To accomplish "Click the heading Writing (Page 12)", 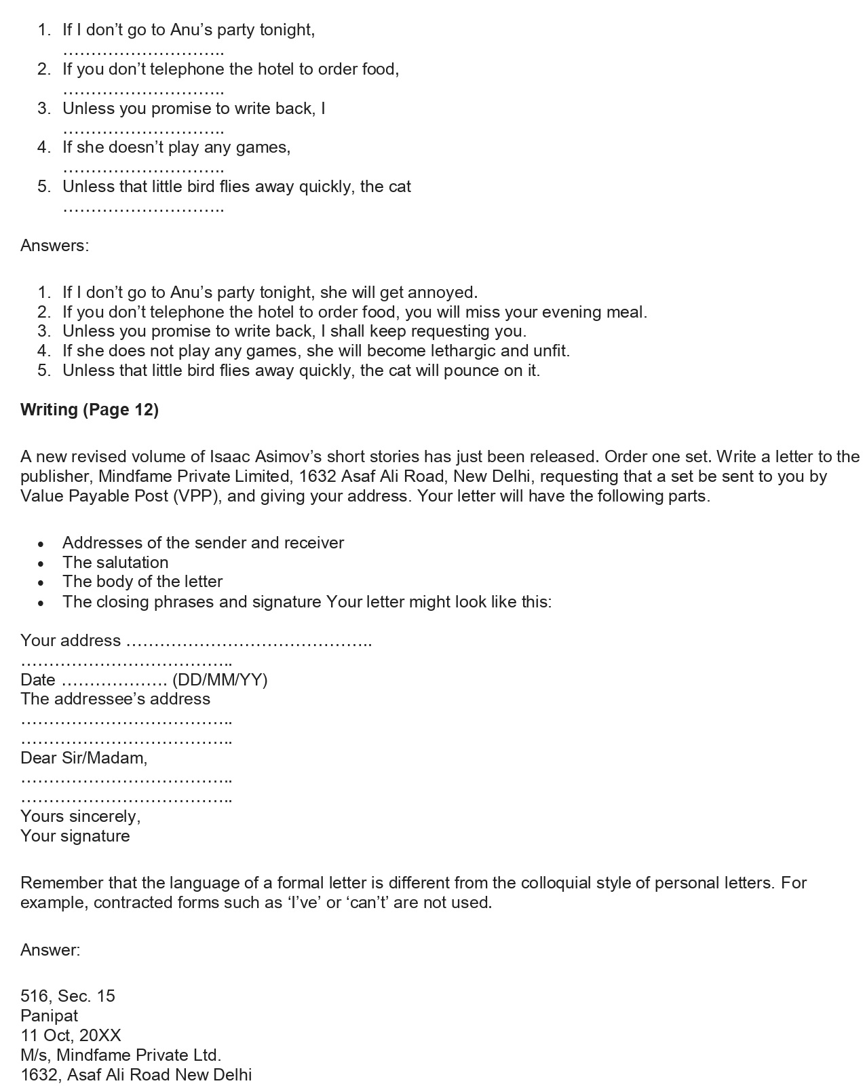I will (90, 410).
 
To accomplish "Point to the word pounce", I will (469, 371).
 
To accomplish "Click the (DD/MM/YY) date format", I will (220, 680).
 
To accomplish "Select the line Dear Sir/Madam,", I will (84, 758).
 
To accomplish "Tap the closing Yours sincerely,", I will (81, 816).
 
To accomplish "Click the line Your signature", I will (75, 836).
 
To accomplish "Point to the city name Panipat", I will (50, 1016).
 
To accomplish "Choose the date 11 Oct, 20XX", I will (71, 1036).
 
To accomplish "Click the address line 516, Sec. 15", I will (68, 996).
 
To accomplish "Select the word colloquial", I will (556, 883).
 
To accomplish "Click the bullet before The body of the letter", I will (42, 583).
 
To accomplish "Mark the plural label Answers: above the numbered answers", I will (55, 246).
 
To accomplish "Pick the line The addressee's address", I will (115, 699).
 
